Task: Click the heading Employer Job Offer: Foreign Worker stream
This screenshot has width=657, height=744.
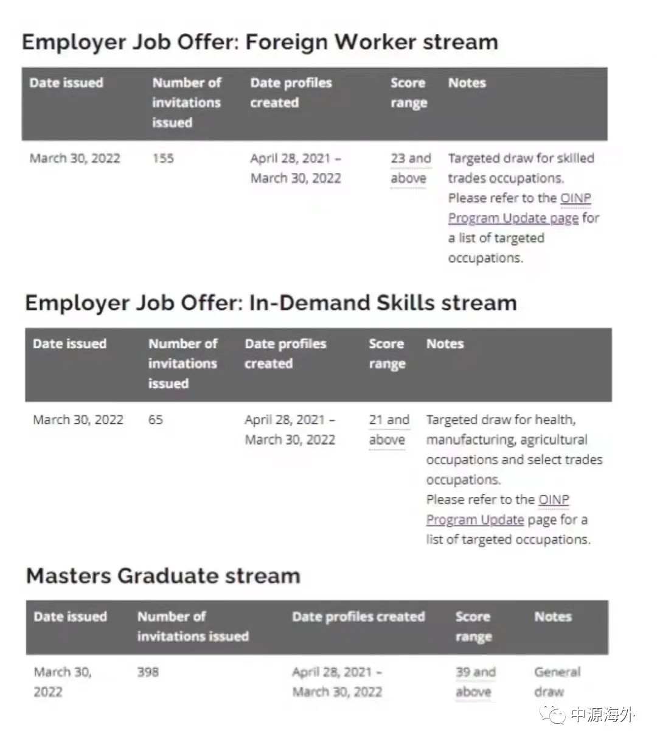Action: (260, 42)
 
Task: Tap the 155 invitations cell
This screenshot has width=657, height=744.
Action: (163, 158)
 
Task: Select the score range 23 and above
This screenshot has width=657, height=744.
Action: (410, 168)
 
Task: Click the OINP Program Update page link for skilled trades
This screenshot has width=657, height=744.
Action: (519, 208)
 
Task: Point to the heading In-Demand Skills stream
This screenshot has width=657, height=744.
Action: (271, 303)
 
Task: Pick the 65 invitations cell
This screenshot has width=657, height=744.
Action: (156, 419)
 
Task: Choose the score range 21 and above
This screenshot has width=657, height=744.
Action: (389, 429)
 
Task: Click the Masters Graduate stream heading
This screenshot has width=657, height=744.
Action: (163, 575)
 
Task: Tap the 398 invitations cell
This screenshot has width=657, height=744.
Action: (148, 672)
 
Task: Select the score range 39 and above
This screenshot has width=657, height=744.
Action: (475, 682)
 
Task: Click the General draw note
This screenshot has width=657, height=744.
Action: (557, 682)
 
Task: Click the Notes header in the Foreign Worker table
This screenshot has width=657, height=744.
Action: (467, 83)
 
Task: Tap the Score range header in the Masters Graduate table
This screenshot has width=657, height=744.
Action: (473, 626)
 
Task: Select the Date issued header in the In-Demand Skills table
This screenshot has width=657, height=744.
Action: (69, 344)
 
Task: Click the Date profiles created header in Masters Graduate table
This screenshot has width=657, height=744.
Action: (358, 617)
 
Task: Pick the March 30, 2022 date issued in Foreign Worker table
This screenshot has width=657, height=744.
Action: (75, 158)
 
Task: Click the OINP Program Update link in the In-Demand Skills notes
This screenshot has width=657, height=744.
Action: (498, 510)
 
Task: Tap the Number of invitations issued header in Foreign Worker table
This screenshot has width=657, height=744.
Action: (186, 102)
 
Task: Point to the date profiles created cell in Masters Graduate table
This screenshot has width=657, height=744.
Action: (337, 682)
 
